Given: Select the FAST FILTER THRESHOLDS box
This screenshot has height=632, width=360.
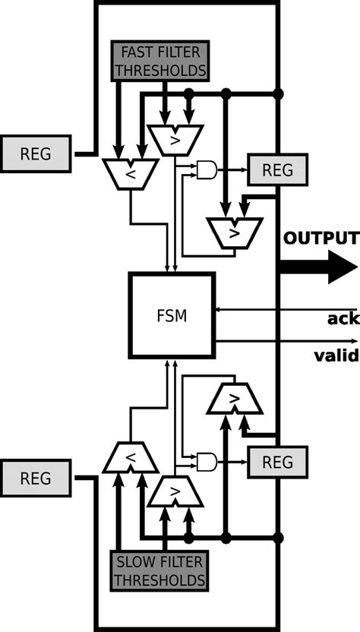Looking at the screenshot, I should pos(159,62).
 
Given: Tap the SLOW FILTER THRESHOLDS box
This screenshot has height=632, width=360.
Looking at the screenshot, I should pos(159,572).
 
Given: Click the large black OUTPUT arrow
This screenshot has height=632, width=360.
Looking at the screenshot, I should pos(318,267).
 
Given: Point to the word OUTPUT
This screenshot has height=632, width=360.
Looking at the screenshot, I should pos(321,238).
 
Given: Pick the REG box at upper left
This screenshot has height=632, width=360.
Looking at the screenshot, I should pos(36,153).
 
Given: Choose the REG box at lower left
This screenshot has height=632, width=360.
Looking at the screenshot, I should pos(36,479).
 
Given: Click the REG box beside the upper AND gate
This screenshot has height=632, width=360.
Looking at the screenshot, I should pos(276,170).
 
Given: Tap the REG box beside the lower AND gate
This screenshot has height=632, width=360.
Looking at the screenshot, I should pos(276,461).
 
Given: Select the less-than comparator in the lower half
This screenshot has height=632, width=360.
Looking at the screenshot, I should pos(130,457).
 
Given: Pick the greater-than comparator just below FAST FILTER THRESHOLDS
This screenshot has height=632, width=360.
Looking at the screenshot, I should pos(174,140).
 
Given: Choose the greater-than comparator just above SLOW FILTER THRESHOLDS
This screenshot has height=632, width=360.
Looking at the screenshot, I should pos(175,492).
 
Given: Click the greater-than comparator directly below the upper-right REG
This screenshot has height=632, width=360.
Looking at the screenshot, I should pos(235,232).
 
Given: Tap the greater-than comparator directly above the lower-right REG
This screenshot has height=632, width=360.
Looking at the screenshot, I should pos(235,399).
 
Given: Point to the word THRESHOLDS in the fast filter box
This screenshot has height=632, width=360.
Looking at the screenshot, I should pos(159,71).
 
